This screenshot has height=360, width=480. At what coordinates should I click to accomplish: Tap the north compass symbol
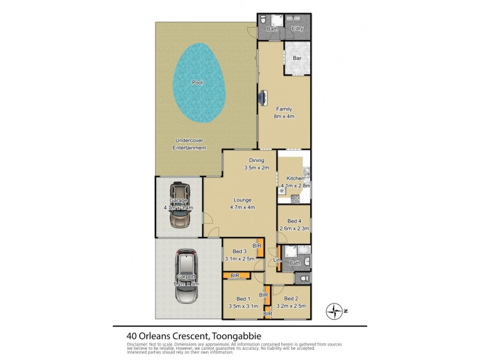point(333,311)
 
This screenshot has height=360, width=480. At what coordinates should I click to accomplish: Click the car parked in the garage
point(179,205)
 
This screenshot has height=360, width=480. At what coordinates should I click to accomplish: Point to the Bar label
point(296,58)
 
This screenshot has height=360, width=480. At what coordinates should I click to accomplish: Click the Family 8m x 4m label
point(284,112)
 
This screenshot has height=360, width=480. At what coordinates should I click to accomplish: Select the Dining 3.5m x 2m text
point(257,164)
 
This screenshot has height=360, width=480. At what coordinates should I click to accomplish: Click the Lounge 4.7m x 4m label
point(243,203)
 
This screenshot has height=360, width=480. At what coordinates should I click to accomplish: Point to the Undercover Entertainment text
point(189,144)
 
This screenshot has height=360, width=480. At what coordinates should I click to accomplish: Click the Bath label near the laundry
point(271,28)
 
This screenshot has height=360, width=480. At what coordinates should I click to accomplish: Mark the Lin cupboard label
point(277,259)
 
